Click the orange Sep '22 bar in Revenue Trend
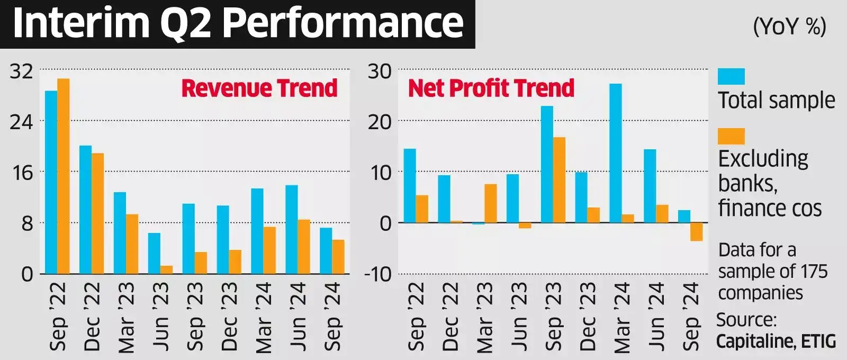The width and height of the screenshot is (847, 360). [x=64, y=176]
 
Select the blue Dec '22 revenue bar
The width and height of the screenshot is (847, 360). [x=85, y=210]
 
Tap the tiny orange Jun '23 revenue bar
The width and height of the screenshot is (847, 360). [x=166, y=269]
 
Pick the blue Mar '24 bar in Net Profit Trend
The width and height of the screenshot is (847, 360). [x=616, y=153]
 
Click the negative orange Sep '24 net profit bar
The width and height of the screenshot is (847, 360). [x=697, y=231]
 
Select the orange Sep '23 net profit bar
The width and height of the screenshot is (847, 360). [x=559, y=179]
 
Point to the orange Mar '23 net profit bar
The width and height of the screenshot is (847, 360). [x=491, y=203]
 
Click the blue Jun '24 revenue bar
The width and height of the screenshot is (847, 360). [x=292, y=229]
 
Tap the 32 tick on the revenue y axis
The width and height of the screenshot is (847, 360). [x=21, y=71]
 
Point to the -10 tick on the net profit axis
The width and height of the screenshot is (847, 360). [x=377, y=274]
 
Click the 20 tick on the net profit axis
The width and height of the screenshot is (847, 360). [x=380, y=122]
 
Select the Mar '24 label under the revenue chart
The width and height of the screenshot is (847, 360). [x=263, y=317]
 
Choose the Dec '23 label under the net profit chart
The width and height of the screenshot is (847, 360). [x=588, y=317]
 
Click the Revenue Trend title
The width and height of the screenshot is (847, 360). [x=259, y=88]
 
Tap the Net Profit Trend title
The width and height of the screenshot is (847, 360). [x=491, y=88]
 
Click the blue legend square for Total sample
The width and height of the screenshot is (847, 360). [x=731, y=77]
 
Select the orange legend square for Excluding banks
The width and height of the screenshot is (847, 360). [x=731, y=136]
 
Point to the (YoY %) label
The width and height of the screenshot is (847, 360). [x=789, y=25]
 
